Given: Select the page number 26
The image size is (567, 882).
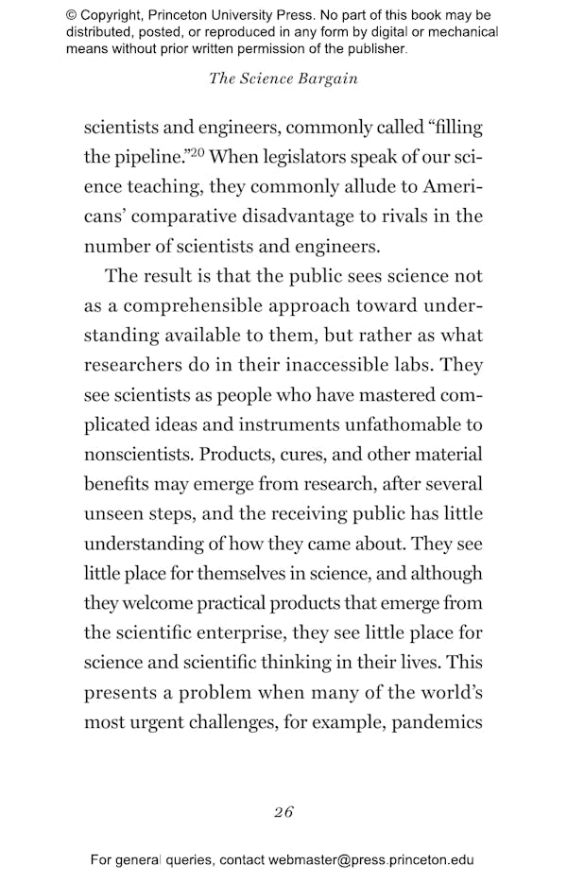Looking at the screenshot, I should (x=283, y=811).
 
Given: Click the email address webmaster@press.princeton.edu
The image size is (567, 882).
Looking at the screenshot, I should (x=371, y=860).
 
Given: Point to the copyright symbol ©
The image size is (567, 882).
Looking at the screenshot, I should (x=72, y=15).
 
